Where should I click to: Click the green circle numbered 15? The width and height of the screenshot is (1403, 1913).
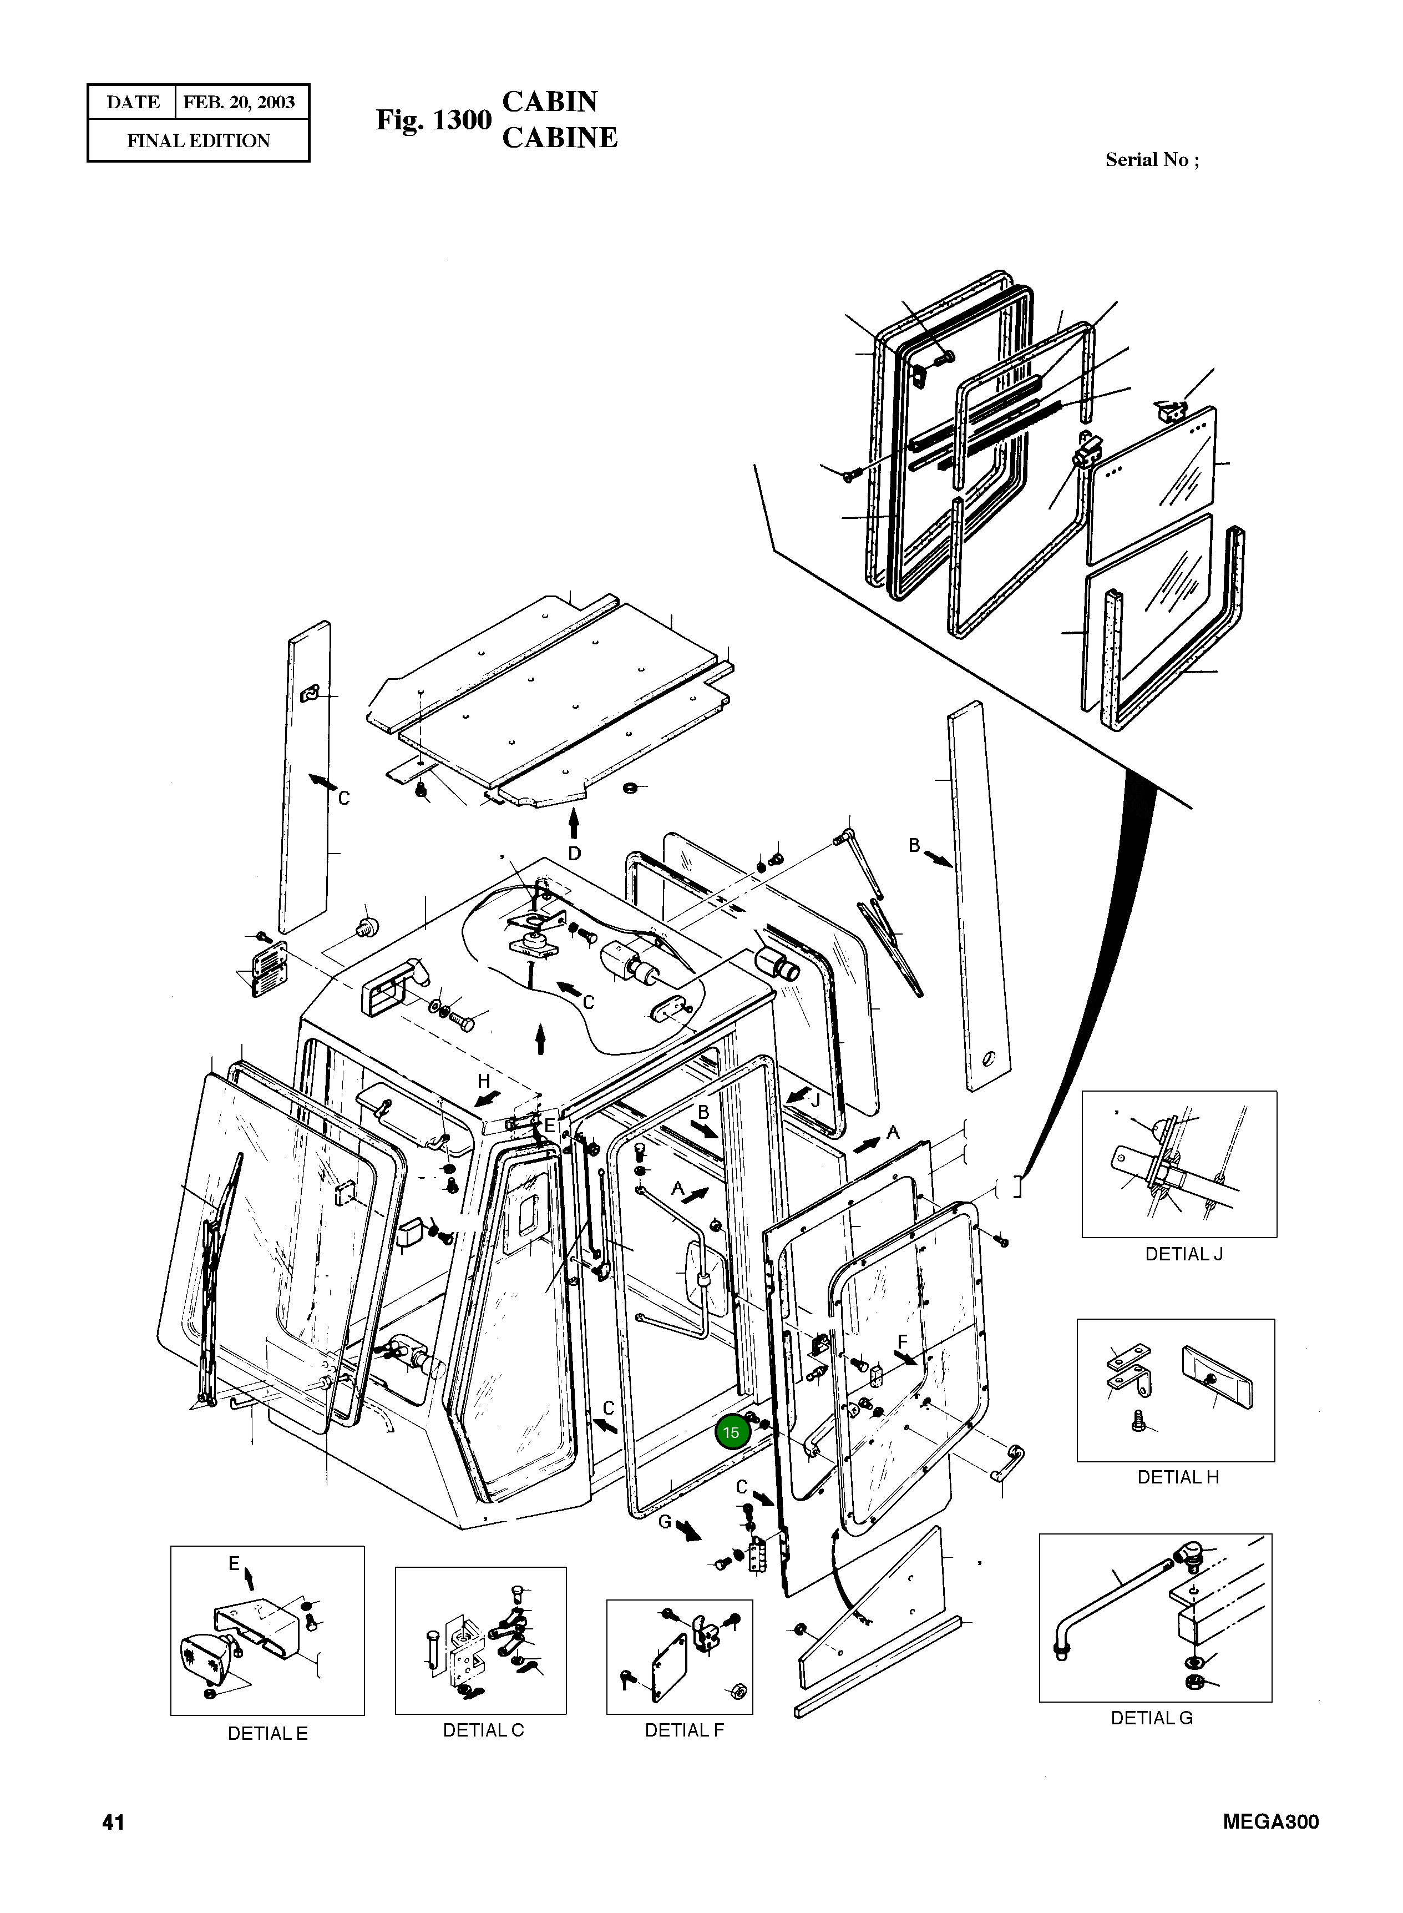click(x=731, y=1432)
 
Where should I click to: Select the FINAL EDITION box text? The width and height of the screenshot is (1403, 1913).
click(x=198, y=141)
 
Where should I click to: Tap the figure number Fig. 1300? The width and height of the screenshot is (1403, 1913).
click(x=433, y=120)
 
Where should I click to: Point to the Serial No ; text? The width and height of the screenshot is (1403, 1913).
click(x=1152, y=160)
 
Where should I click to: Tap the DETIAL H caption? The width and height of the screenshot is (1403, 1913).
click(x=1177, y=1477)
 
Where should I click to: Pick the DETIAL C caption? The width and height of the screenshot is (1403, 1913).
click(x=483, y=1730)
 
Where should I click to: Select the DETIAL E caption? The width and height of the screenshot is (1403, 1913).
click(x=267, y=1734)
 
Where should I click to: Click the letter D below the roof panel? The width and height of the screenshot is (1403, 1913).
click(x=574, y=853)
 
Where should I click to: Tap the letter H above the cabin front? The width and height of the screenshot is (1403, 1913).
click(x=483, y=1082)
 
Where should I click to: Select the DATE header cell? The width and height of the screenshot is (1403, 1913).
click(x=133, y=103)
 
